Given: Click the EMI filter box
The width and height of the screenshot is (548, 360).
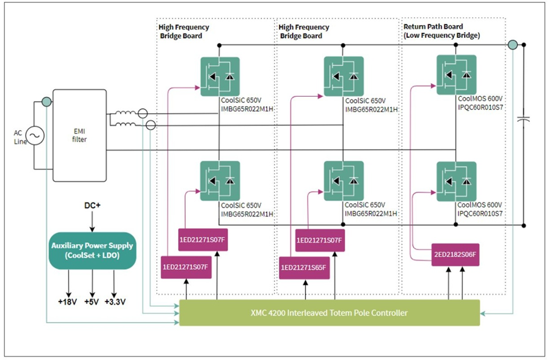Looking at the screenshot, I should (x=79, y=135).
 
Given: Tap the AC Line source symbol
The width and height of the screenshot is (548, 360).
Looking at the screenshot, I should (x=33, y=136).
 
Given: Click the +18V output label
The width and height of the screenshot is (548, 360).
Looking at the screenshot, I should (x=68, y=302).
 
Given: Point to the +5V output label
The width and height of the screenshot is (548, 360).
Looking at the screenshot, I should (x=92, y=302).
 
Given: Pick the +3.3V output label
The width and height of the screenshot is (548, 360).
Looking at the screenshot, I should (x=115, y=302).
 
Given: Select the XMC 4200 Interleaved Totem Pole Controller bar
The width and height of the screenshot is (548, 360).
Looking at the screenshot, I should (x=328, y=313).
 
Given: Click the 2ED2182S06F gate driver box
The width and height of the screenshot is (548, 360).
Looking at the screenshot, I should (x=456, y=254).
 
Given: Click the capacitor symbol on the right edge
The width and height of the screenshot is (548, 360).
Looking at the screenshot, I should (x=524, y=119).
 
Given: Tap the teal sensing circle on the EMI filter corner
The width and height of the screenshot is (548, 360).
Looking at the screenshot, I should (x=45, y=102).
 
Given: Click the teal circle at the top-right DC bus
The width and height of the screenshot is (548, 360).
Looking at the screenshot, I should (x=512, y=45).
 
